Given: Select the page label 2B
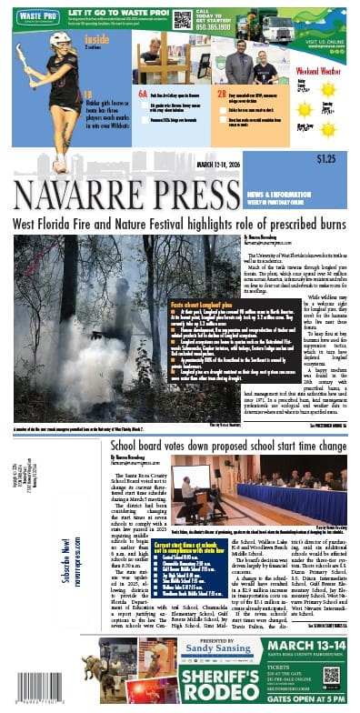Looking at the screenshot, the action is [x=221, y=94].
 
